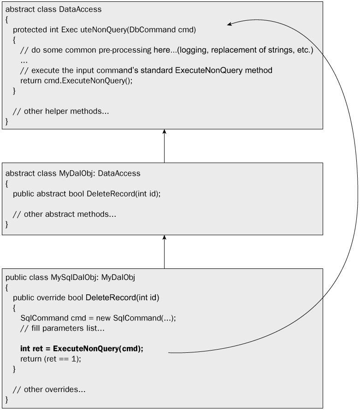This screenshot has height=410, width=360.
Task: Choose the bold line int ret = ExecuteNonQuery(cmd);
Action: tap(82, 349)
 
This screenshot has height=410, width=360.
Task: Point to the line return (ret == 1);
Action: tap(51, 359)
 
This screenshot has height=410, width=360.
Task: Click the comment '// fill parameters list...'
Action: tap(63, 328)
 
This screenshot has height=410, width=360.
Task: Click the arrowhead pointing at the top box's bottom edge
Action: tap(164, 132)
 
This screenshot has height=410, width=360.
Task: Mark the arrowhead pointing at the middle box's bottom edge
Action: tap(164, 238)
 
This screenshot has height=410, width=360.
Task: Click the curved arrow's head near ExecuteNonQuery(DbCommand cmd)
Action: tap(229, 25)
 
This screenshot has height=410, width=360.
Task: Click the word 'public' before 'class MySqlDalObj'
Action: tap(15, 278)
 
